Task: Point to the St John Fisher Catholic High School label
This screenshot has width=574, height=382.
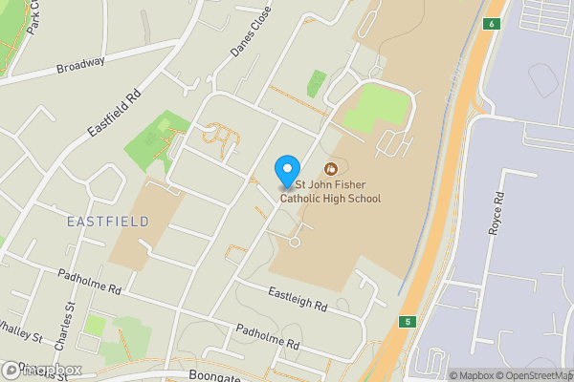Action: point(337,192)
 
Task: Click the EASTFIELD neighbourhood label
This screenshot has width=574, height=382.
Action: point(108,222)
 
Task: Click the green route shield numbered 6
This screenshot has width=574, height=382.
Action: point(491,24)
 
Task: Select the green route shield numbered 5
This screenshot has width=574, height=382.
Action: point(408,322)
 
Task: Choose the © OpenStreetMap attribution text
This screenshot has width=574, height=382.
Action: point(541,375)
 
